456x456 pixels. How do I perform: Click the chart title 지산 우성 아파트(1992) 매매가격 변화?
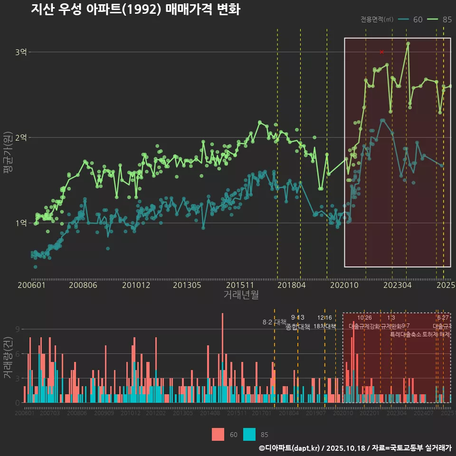click(135, 9)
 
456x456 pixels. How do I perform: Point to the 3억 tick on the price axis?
click(20, 52)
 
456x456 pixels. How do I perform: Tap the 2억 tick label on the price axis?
click(20, 137)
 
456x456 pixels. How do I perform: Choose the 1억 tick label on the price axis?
click(20, 223)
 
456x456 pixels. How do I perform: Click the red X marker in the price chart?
click(381, 52)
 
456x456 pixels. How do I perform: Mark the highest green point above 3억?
click(408, 44)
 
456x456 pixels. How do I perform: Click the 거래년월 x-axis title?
click(241, 294)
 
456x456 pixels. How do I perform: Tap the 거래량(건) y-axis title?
click(8, 359)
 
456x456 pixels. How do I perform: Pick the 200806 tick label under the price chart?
click(83, 285)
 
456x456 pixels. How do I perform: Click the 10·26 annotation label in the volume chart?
click(364, 318)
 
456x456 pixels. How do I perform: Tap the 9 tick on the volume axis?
click(17, 329)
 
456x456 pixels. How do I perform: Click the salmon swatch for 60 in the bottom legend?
click(218, 434)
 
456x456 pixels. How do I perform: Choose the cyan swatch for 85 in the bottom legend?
click(249, 434)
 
